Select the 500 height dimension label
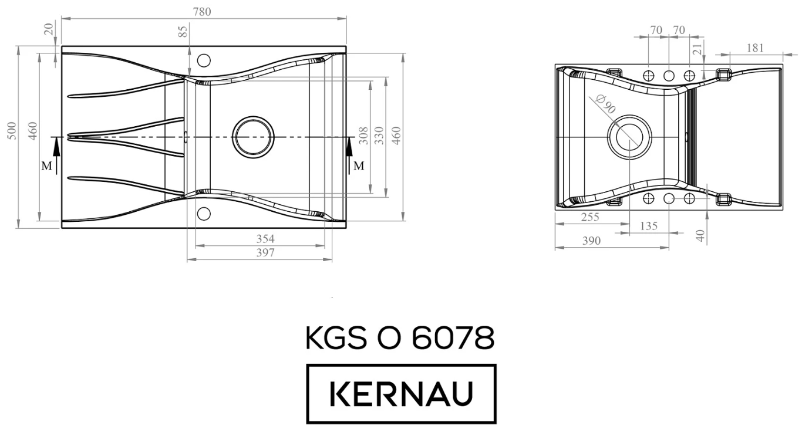click(x=11, y=131)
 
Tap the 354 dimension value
click(x=265, y=239)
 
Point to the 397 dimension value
click(x=265, y=253)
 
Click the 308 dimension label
click(x=363, y=136)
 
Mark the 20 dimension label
click(x=49, y=28)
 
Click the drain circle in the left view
click(x=252, y=136)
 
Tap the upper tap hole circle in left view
click(x=204, y=60)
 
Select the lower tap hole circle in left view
click(x=204, y=212)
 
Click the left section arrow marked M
click(x=56, y=154)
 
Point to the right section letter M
click(x=359, y=165)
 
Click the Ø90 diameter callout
click(x=604, y=104)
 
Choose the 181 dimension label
click(x=755, y=48)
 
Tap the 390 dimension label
click(x=591, y=241)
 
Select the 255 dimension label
click(x=589, y=217)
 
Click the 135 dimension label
click(x=648, y=226)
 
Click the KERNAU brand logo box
click(x=402, y=394)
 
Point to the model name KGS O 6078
click(x=400, y=339)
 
